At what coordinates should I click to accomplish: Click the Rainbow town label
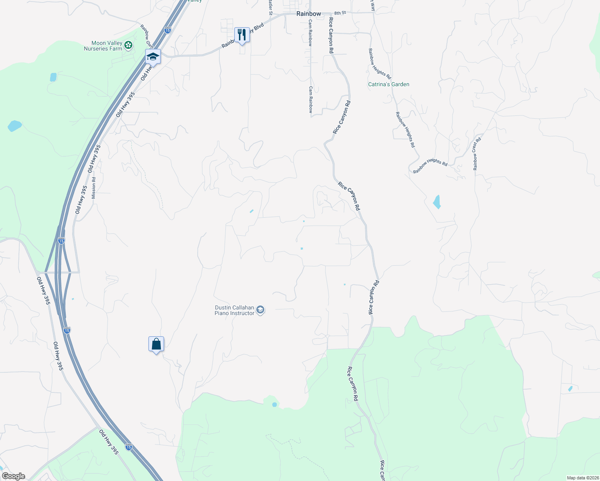(308, 14)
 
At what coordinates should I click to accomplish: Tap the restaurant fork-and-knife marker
(241, 35)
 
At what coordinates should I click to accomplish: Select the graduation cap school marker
(153, 57)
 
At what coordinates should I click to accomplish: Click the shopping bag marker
(156, 344)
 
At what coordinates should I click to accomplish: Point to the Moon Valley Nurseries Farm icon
(128, 45)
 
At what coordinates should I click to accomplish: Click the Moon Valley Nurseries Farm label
(103, 46)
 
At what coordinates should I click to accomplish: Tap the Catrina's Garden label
(389, 85)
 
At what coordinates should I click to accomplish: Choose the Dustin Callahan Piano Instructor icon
(260, 310)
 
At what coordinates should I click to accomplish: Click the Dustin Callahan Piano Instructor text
(234, 310)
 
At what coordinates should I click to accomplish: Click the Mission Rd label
(94, 188)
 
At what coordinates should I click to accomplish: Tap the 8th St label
(340, 13)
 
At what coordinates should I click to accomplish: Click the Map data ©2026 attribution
(582, 478)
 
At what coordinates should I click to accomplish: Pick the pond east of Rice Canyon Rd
(437, 202)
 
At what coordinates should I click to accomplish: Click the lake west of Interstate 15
(15, 126)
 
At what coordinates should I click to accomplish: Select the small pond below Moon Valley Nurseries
(53, 77)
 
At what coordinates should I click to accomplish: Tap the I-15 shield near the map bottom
(128, 447)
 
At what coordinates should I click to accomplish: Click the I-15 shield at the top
(168, 30)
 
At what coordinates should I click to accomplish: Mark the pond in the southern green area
(274, 405)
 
